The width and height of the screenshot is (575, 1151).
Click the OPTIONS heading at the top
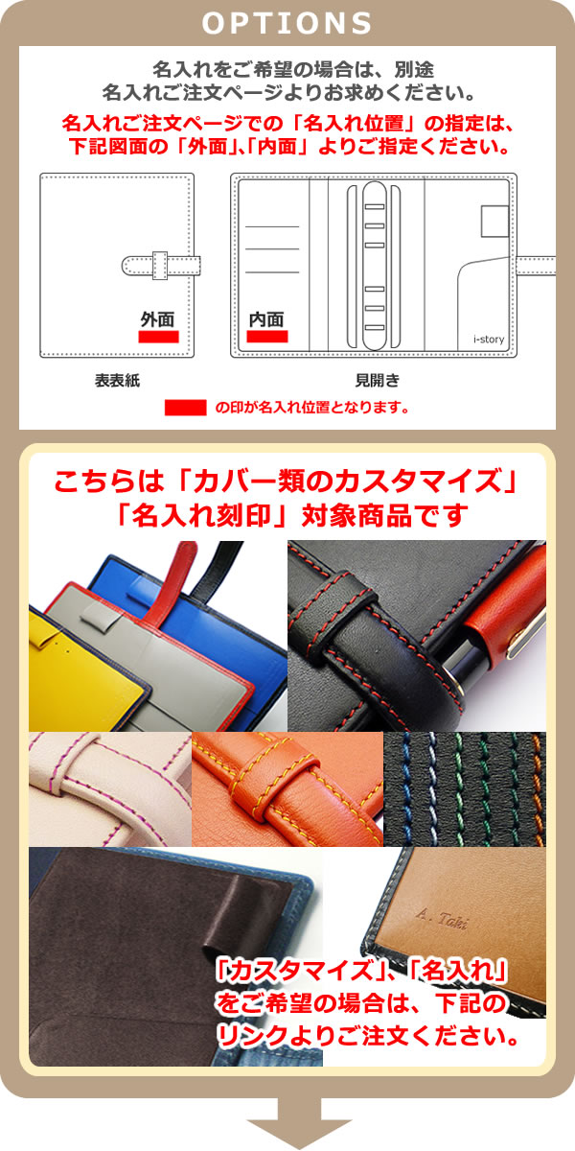pyautogui.click(x=287, y=22)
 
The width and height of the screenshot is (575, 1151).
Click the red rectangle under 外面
pyautogui.click(x=158, y=338)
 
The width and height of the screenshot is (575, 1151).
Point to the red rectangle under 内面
pyautogui.click(x=267, y=337)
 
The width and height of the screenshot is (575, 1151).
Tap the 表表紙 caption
pyautogui.click(x=117, y=381)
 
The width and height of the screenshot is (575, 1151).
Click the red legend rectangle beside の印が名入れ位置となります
pyautogui.click(x=185, y=408)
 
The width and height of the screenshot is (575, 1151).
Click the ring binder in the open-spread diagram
pyautogui.click(x=376, y=264)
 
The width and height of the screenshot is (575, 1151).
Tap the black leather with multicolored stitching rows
pyautogui.click(x=464, y=788)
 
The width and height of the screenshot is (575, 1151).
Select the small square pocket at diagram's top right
pyautogui.click(x=495, y=222)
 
